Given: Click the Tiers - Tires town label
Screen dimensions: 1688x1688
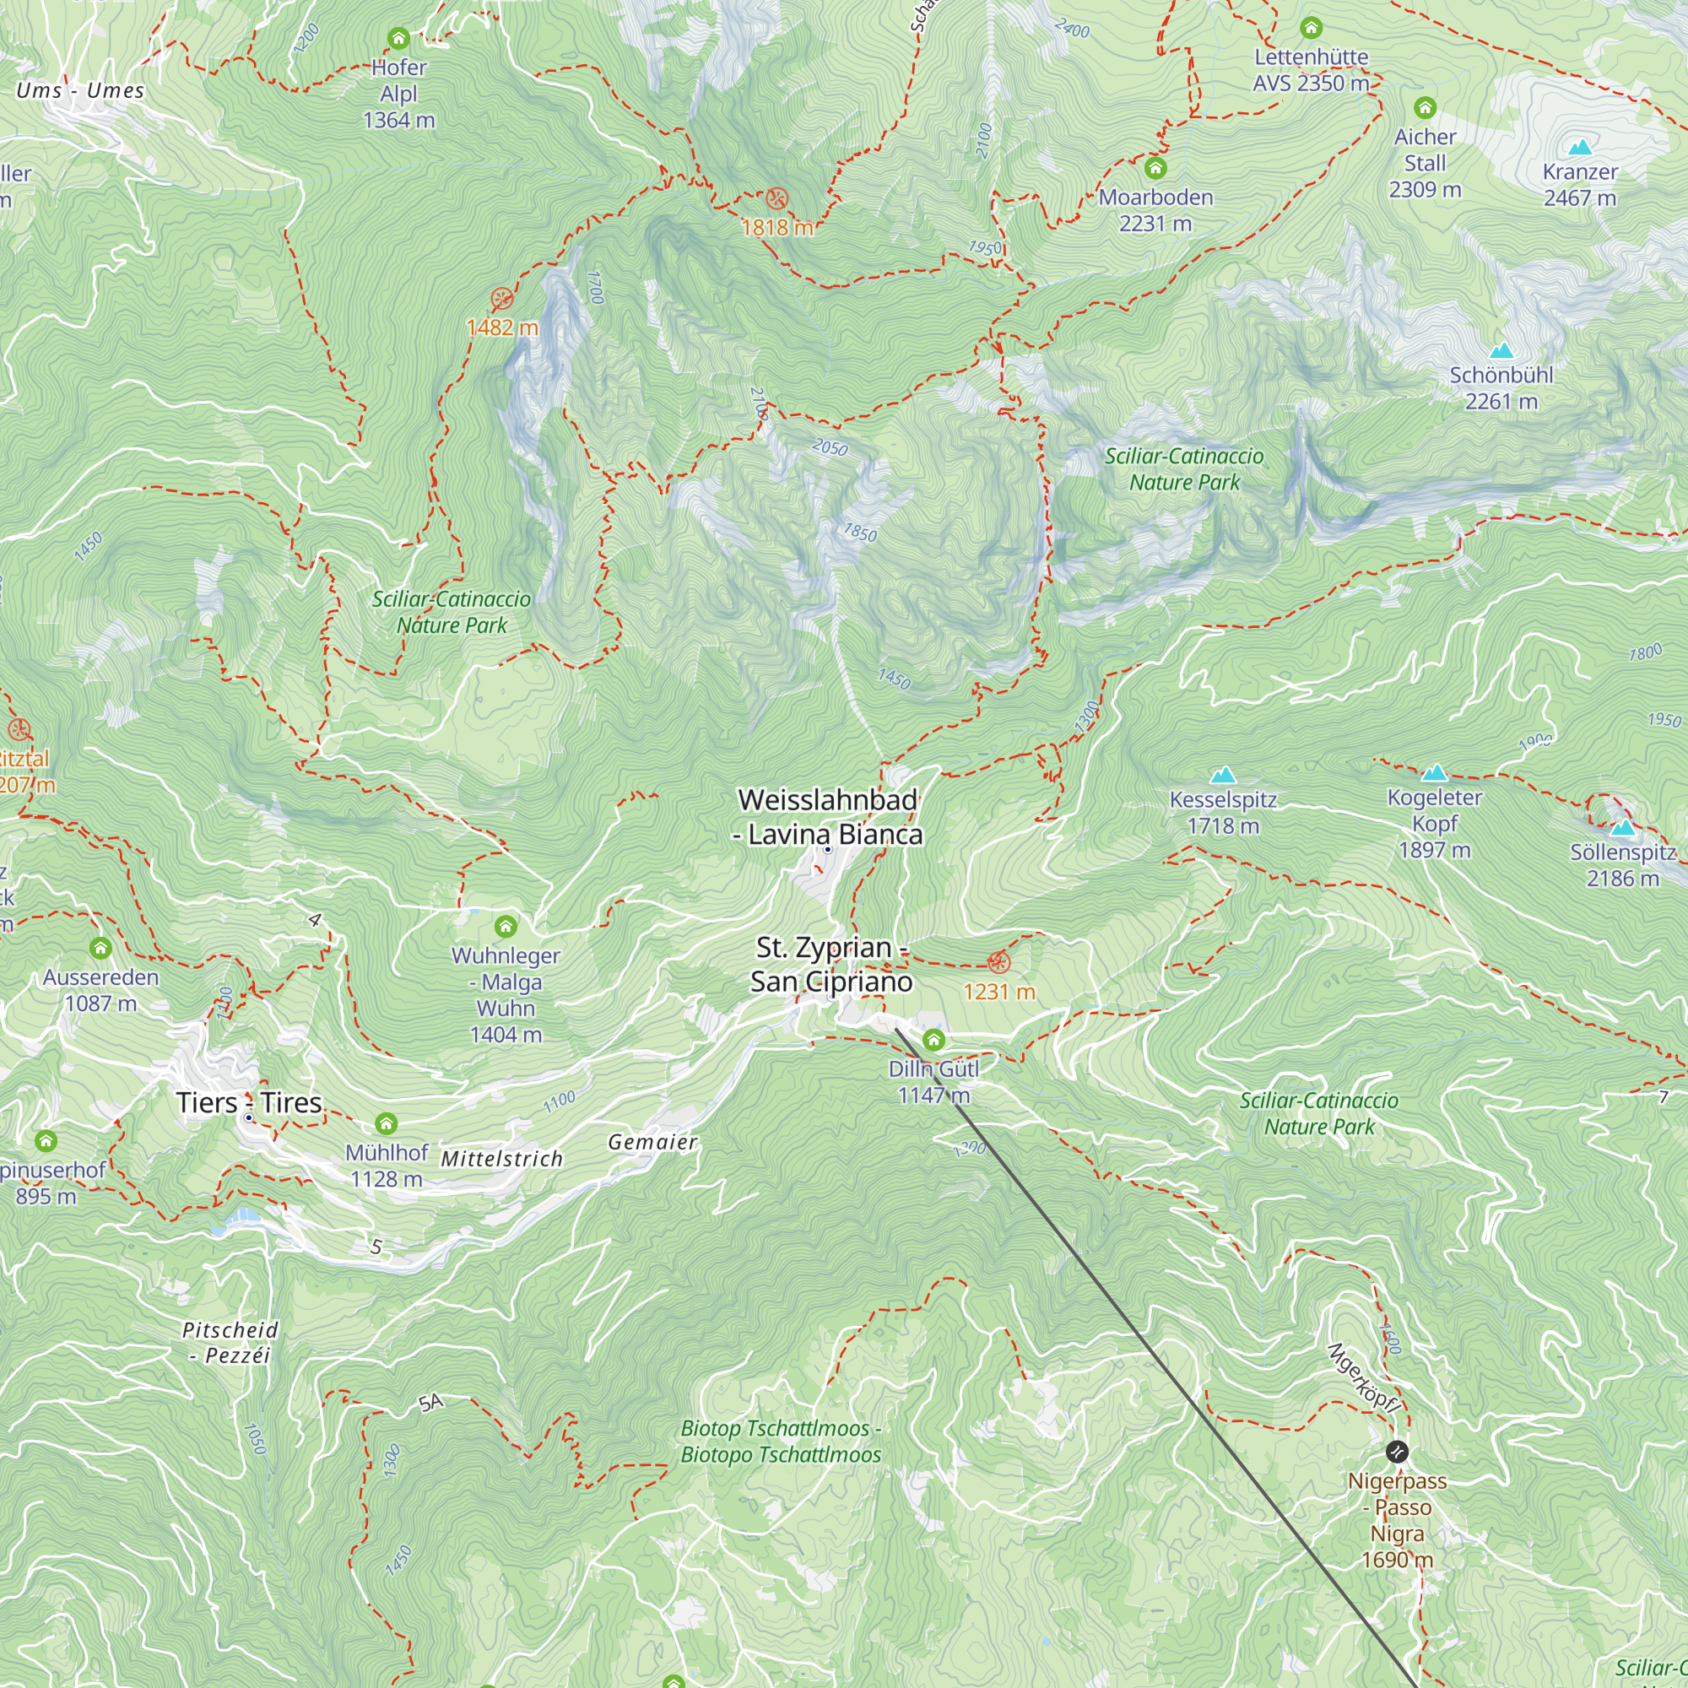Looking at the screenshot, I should [x=249, y=1103].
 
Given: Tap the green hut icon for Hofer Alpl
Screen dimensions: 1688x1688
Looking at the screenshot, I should [x=398, y=39].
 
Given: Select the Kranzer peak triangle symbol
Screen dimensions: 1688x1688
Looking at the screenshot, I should [x=1580, y=147].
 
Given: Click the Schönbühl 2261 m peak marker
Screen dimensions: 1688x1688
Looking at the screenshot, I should [x=1501, y=351].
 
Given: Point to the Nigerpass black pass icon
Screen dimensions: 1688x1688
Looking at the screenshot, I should [x=1397, y=1452].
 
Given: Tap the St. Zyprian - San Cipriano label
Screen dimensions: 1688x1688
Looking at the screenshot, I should [x=830, y=965].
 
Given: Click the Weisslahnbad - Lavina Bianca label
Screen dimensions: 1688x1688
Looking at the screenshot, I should [x=828, y=817].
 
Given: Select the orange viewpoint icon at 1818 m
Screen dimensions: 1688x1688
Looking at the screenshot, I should [x=776, y=199].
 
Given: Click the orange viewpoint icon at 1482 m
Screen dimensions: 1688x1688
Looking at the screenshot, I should [x=501, y=299].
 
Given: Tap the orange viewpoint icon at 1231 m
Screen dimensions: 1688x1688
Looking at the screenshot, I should [x=998, y=963].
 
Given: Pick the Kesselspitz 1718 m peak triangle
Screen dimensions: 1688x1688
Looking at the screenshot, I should [x=1222, y=775].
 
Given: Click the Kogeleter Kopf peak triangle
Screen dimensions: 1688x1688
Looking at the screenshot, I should [x=1434, y=772].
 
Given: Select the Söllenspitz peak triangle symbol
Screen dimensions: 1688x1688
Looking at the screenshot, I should [x=1622, y=827].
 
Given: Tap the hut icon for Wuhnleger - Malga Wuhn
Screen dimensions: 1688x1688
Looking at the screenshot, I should [x=505, y=926].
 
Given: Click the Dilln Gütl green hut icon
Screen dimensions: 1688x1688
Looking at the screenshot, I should [x=933, y=1040].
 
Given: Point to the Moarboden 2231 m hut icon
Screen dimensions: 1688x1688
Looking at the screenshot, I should [x=1155, y=168].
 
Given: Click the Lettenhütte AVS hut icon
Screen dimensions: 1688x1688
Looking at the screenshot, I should [x=1311, y=28].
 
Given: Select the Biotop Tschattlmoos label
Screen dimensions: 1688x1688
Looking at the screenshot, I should [x=780, y=1442].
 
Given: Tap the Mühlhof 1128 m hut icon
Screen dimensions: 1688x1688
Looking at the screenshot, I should [x=387, y=1123].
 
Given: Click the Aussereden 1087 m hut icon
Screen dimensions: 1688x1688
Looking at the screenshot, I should [x=100, y=948].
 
